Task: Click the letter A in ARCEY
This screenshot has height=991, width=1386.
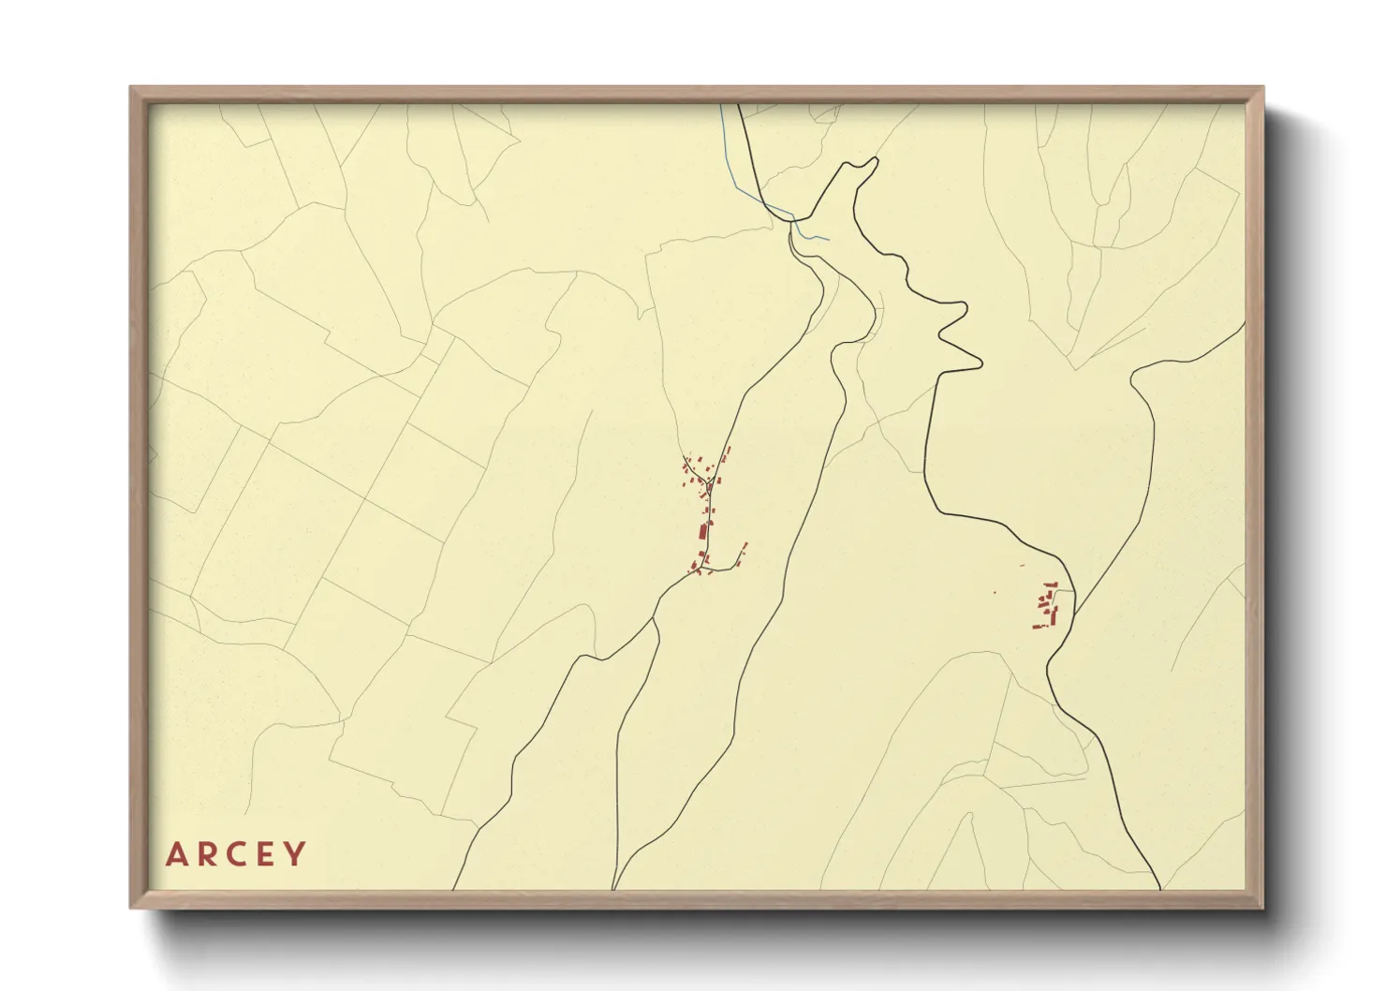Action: point(175,854)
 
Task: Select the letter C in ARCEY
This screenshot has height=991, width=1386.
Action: point(236,854)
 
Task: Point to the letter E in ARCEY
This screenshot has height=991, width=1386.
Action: point(266,854)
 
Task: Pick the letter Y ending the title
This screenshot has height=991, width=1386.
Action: point(295,854)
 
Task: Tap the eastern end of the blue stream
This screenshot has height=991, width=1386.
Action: point(828,239)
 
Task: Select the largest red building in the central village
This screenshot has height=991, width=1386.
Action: point(702,532)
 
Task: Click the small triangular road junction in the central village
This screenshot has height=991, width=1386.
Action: point(710,482)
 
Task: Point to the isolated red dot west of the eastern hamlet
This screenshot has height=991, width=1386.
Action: point(995,592)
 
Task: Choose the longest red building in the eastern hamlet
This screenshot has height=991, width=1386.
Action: point(1055,615)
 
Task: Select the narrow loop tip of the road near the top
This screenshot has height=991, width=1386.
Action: point(876,160)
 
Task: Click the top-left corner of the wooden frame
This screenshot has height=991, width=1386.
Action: point(131,88)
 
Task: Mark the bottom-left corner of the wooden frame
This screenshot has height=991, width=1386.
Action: point(131,907)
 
